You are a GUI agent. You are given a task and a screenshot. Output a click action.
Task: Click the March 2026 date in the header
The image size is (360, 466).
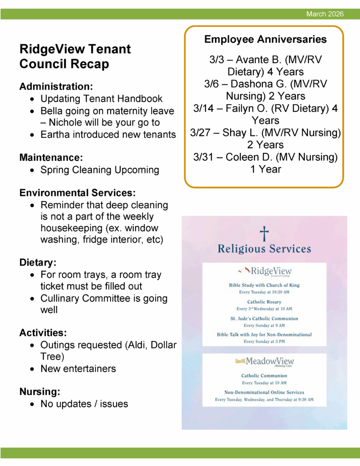[x=325, y=15]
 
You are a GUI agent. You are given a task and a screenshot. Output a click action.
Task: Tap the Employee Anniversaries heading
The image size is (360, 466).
[x=265, y=39]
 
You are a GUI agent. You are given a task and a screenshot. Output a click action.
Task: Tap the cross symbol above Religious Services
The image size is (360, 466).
[x=264, y=234]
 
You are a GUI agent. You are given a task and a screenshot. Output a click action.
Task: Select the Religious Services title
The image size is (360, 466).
[x=264, y=249]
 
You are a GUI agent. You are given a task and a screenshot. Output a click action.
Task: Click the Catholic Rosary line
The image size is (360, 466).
[x=264, y=302]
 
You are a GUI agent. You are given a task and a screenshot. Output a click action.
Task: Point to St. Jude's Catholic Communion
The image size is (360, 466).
[x=264, y=319]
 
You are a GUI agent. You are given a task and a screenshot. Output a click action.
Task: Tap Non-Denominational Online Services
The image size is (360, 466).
[x=264, y=392]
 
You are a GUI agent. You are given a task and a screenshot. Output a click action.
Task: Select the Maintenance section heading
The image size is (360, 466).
[x=51, y=157]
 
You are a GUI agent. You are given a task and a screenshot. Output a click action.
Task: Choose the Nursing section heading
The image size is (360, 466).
[x=40, y=391]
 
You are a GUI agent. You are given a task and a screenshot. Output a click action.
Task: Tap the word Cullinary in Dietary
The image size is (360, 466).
[x=61, y=299]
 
